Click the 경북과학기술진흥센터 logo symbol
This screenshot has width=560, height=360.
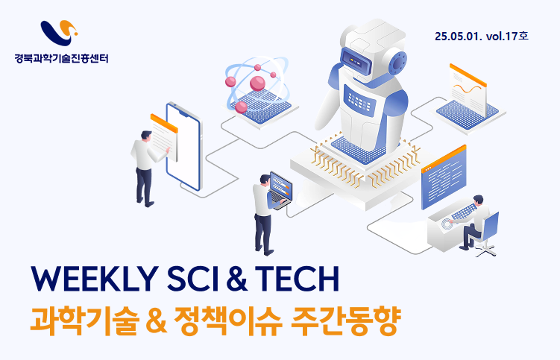click(x=59, y=33)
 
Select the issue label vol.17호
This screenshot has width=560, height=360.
click(x=508, y=36)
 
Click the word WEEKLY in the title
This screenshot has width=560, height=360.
click(x=95, y=279)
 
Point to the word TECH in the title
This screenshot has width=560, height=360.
click(x=297, y=279)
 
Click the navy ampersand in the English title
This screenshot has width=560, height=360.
click(x=237, y=279)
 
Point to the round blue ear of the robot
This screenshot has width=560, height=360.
click(x=397, y=62)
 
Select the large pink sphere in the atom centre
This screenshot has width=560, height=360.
click(x=257, y=83)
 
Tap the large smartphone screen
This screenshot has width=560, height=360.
click(x=183, y=147)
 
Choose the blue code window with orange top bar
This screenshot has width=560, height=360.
click(x=444, y=177)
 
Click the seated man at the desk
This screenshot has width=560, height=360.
click(x=474, y=222)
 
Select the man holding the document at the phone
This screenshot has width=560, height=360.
click(x=147, y=168)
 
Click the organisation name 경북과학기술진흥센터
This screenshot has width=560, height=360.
click(x=61, y=58)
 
